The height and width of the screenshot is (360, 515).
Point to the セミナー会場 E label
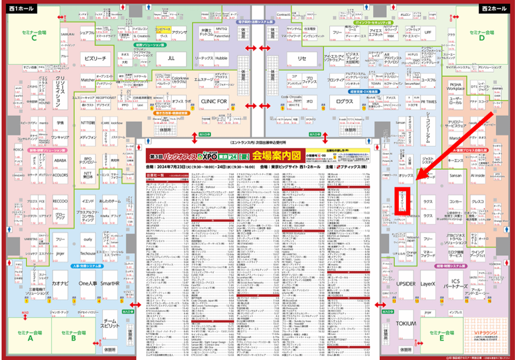[444, 335]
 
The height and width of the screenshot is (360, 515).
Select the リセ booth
[302, 59]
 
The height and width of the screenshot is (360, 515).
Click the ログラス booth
[345, 101]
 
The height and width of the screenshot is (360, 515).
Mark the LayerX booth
[428, 284]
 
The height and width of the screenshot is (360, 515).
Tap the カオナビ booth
[60, 284]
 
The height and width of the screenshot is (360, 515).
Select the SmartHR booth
[110, 284]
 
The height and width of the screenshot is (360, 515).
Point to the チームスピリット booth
[110, 327]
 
